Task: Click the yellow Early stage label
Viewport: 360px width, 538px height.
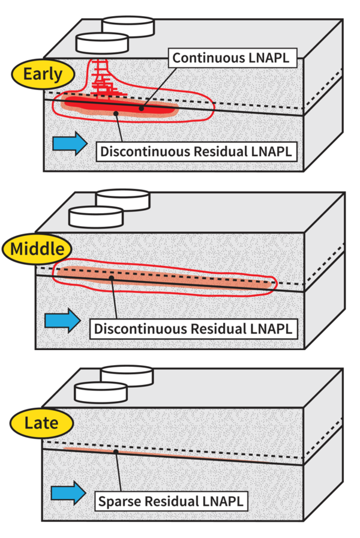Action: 42,74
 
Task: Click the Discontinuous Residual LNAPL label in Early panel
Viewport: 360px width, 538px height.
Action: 196,151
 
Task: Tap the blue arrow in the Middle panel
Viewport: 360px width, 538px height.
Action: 65,319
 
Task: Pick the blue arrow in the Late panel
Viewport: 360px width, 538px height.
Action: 65,493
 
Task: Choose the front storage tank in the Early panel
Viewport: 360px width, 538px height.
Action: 103,43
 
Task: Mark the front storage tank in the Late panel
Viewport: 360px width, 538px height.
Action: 100,392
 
